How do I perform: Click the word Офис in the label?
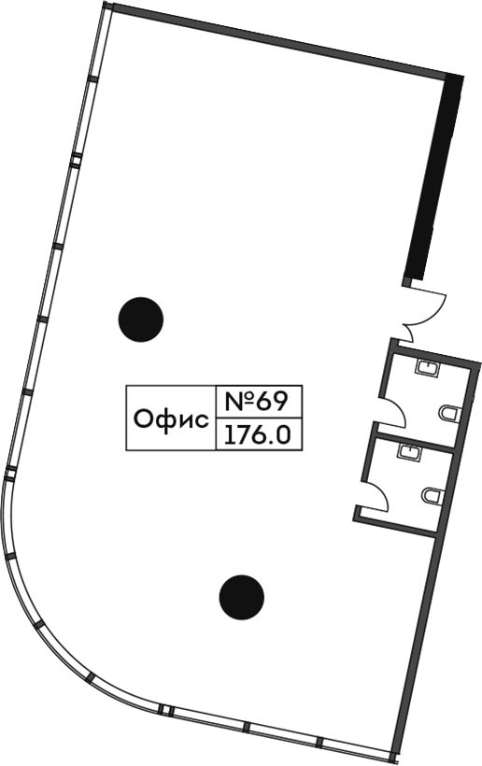(x=171, y=419)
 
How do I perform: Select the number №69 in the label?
(x=256, y=401)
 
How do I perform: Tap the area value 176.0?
(x=258, y=434)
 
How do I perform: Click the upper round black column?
(x=141, y=319)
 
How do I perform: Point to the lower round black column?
(x=242, y=598)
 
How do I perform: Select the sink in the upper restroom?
(x=428, y=367)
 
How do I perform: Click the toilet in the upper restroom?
(x=450, y=413)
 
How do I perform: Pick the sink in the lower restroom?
(x=409, y=451)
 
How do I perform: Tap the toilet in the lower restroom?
(x=432, y=496)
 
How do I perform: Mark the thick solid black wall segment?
(x=434, y=177)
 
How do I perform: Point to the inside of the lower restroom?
(x=410, y=481)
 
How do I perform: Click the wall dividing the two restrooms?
(x=414, y=441)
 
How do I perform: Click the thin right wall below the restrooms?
(x=417, y=650)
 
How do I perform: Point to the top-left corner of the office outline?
(x=106, y=3)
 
